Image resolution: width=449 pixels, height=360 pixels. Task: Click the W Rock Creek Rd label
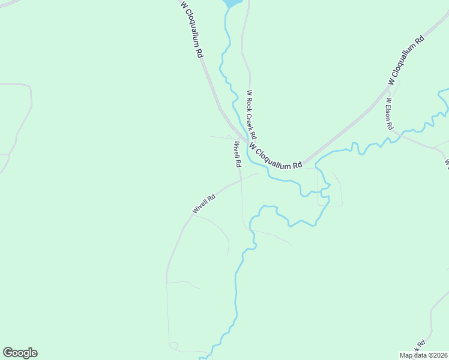(252, 114)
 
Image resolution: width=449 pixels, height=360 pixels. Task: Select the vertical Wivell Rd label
(237, 154)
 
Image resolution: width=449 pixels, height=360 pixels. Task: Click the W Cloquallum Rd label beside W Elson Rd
(406, 59)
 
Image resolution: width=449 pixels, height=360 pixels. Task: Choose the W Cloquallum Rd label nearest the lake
(192, 28)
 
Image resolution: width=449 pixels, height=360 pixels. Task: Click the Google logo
(20, 353)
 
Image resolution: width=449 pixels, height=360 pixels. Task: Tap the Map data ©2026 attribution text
(423, 355)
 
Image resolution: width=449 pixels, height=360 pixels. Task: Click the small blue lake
(233, 3)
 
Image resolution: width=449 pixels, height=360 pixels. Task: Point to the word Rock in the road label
(250, 103)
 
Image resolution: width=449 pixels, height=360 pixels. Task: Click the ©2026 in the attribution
(436, 355)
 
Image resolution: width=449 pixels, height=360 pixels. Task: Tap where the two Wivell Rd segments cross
(241, 178)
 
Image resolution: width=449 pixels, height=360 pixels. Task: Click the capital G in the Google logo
(8, 352)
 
